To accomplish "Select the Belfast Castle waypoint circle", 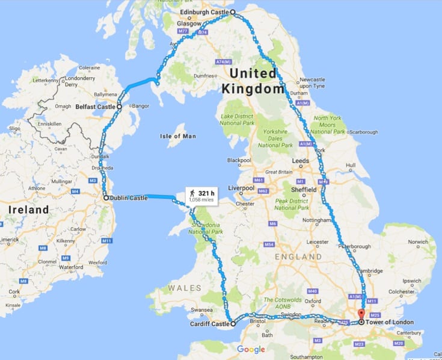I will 119,107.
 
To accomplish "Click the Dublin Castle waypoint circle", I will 105,197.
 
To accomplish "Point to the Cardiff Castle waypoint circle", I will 232,323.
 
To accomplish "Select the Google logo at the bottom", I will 251,350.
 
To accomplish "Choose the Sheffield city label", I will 303,189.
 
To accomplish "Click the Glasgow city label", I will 189,24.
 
